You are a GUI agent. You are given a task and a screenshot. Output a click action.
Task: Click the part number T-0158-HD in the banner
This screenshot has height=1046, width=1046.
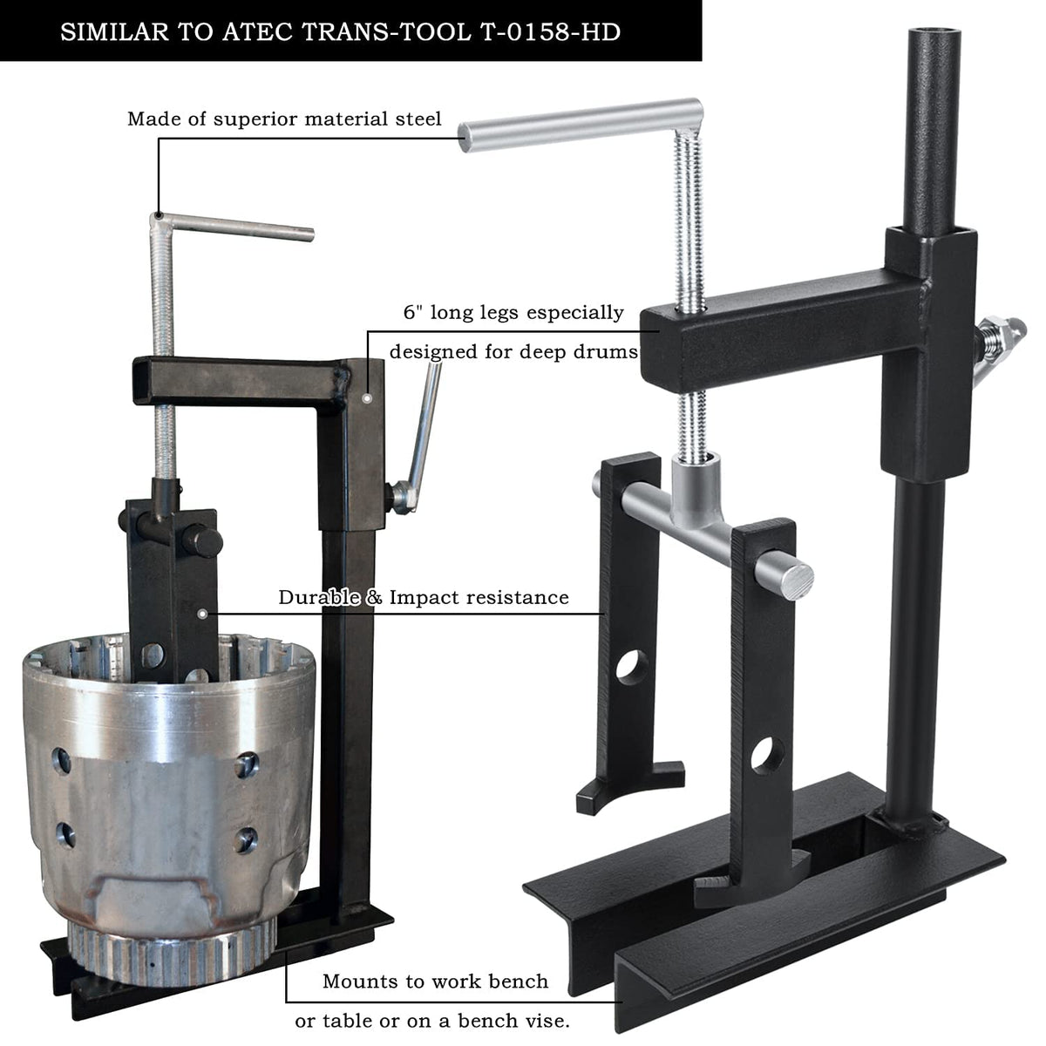[x=550, y=32]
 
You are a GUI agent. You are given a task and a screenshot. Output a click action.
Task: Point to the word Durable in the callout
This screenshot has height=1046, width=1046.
[x=319, y=597]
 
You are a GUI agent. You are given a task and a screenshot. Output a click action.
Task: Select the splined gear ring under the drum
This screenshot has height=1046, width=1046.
[x=173, y=954]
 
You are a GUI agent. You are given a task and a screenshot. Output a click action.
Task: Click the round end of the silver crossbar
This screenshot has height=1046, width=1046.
[x=798, y=581]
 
